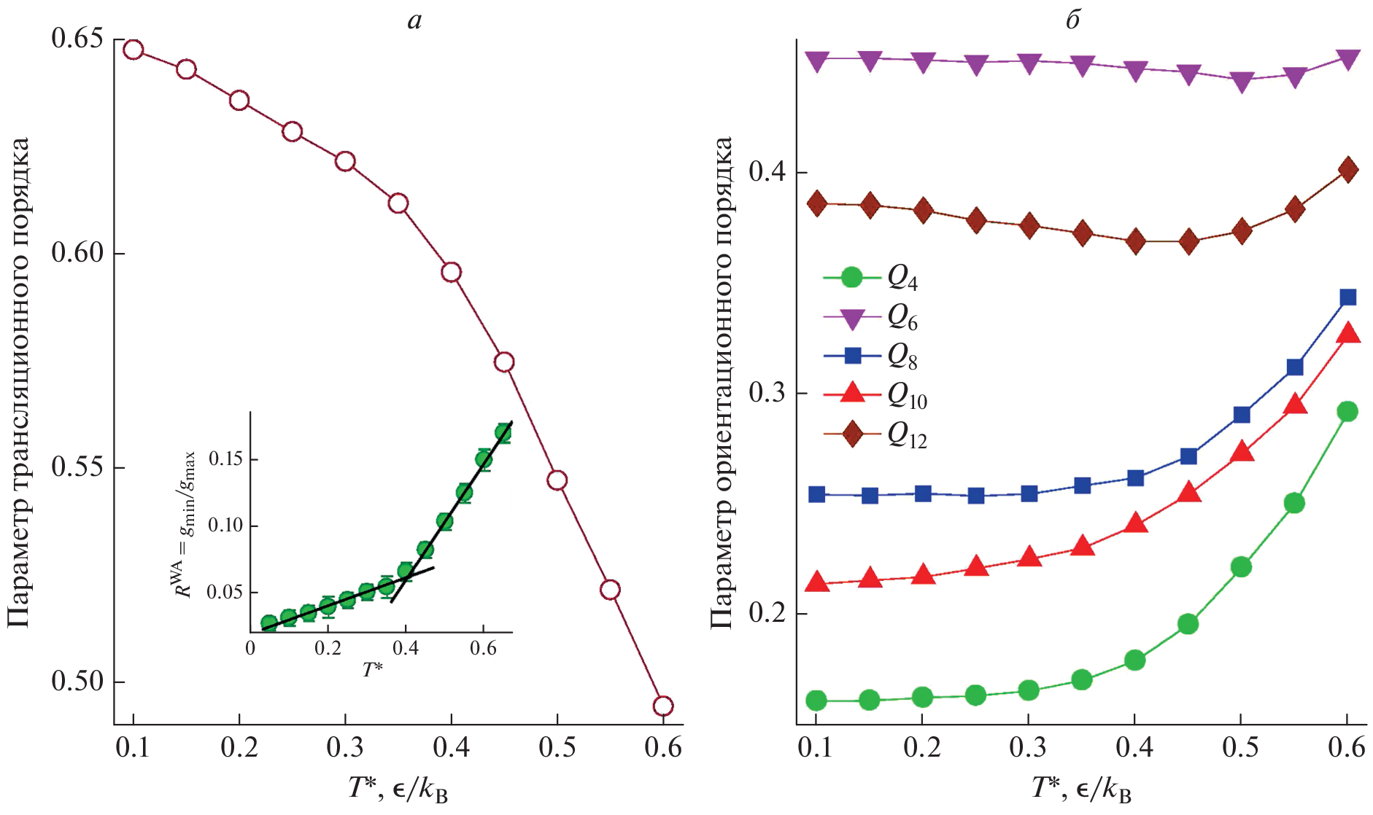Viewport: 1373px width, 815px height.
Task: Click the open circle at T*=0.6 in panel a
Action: [x=662, y=706]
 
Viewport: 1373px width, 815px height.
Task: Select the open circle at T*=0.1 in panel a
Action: [x=133, y=50]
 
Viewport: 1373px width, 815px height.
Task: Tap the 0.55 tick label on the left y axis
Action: [x=78, y=467]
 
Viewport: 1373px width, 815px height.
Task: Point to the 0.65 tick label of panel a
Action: [x=78, y=38]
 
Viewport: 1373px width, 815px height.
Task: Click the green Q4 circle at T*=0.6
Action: [x=1347, y=412]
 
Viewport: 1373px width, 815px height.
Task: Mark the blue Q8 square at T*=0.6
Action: [x=1347, y=297]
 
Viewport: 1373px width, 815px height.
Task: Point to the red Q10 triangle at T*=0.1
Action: [x=816, y=582]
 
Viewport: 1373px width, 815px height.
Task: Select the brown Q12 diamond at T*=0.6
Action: [x=1347, y=171]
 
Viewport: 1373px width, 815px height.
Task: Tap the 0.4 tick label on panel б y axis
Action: [x=767, y=172]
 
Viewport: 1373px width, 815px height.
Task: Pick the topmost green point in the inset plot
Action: [x=503, y=432]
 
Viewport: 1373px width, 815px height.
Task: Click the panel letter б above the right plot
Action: [x=1072, y=20]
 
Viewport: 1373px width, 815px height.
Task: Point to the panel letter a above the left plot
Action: [x=414, y=20]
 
